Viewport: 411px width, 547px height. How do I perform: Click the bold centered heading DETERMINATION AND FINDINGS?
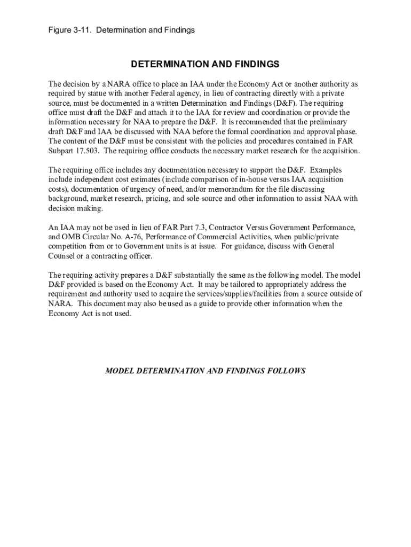coord(205,65)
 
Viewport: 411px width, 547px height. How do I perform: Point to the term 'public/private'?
coord(314,237)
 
